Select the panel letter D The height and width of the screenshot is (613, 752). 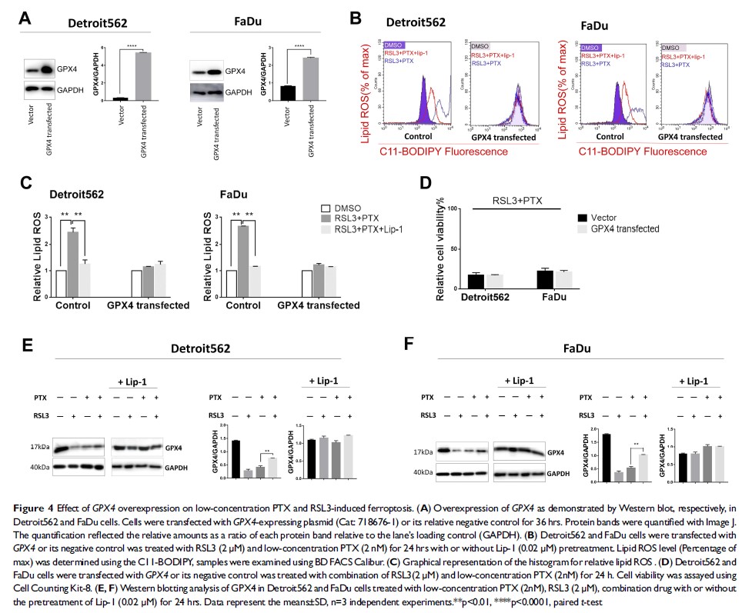click(422, 185)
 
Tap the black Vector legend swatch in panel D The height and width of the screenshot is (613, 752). click(583, 218)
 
